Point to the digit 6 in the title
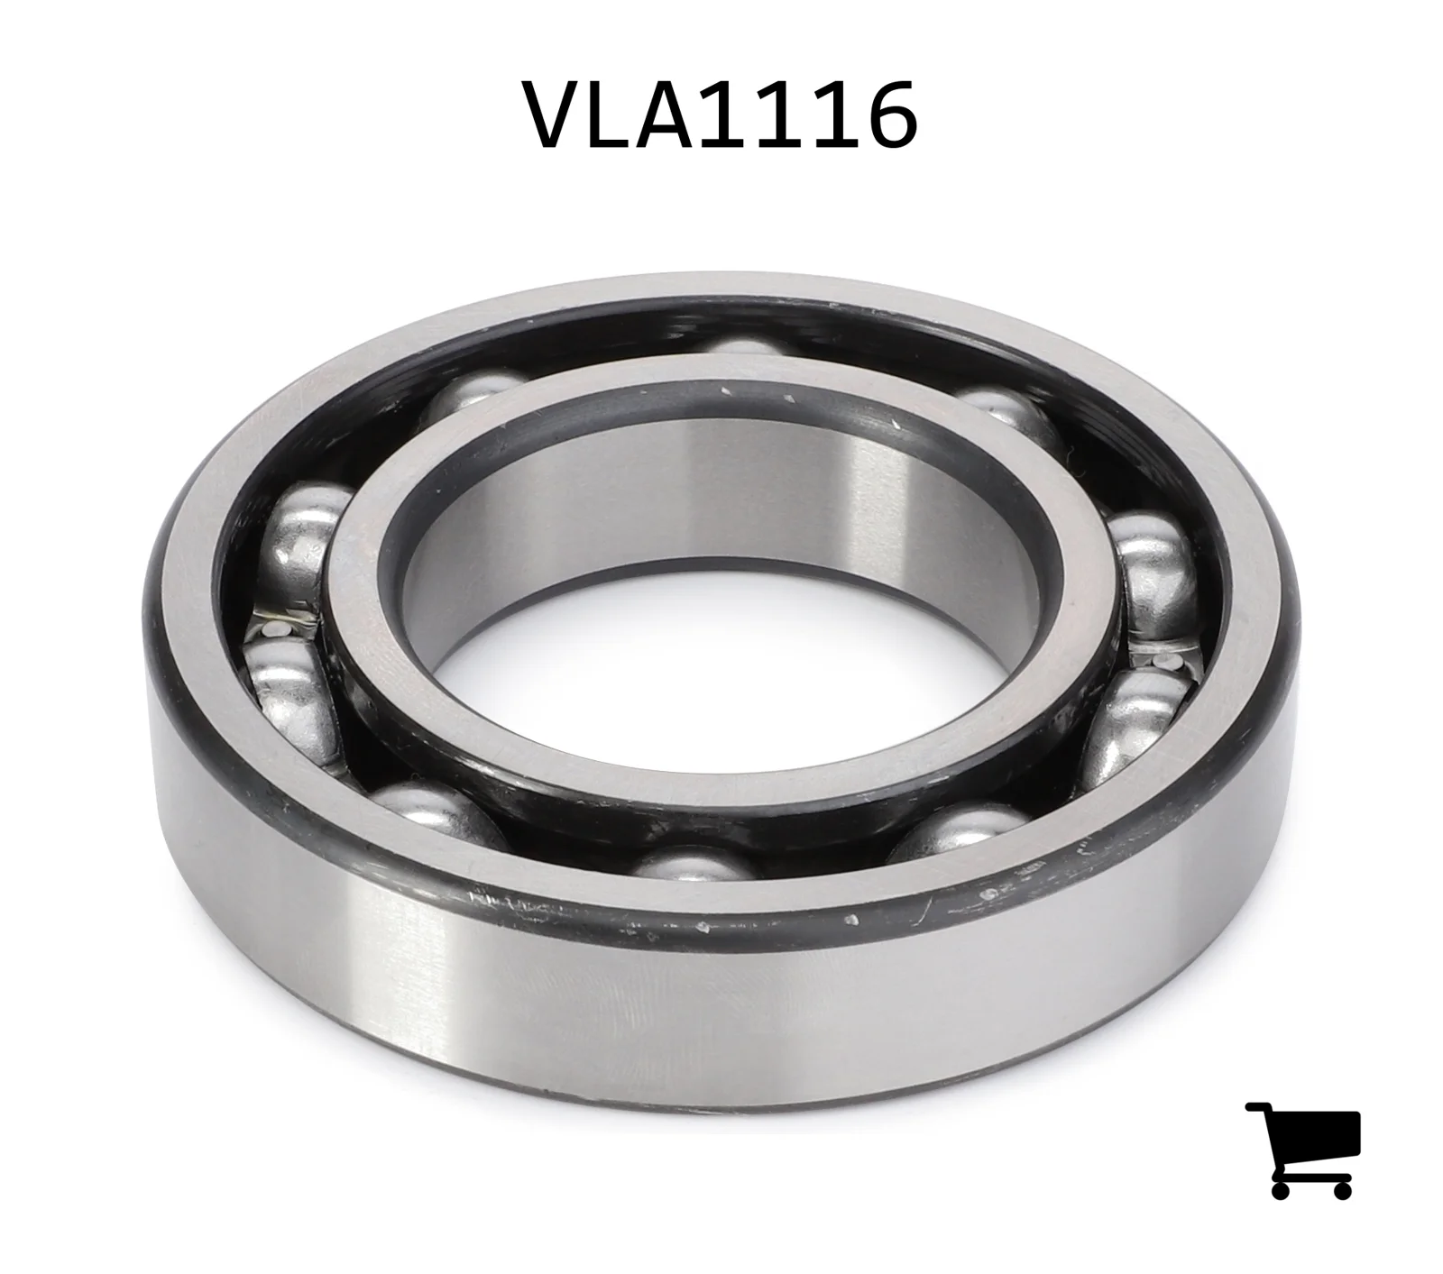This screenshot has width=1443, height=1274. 887,115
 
